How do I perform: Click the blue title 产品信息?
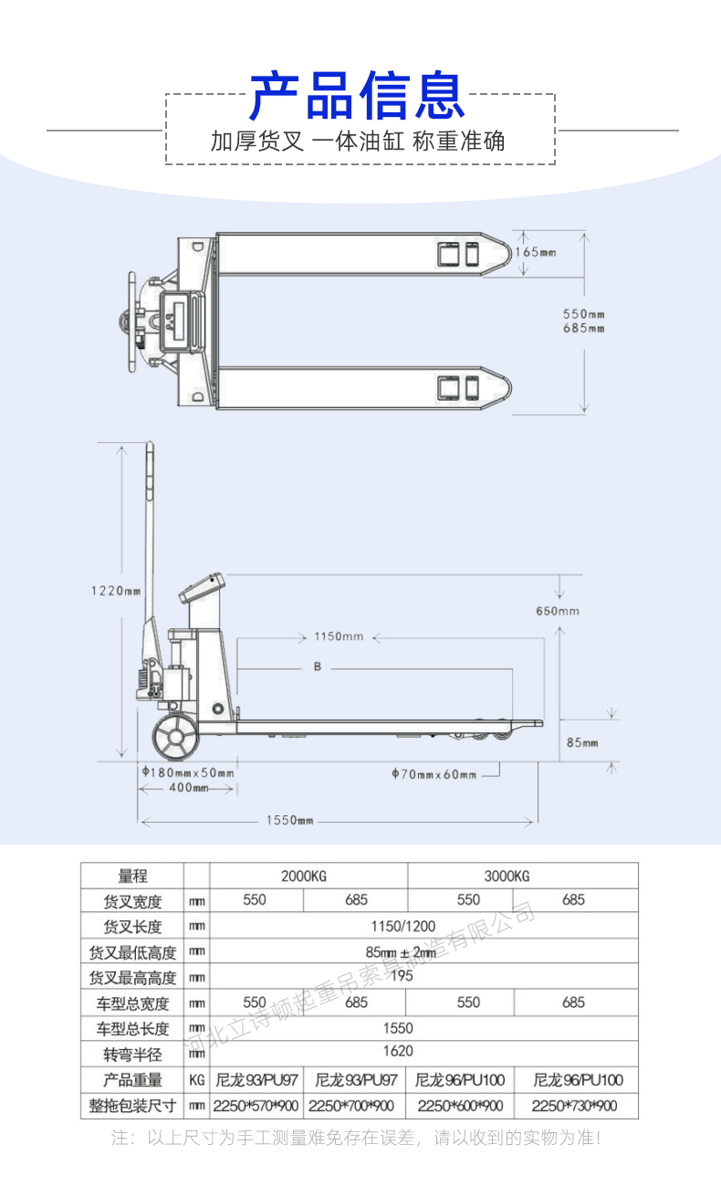coord(357,95)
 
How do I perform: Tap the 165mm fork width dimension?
coord(536,252)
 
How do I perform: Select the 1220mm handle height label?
coord(116,591)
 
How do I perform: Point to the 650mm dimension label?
coord(558,611)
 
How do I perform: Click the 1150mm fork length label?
coord(339,636)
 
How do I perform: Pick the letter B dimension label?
coord(318,667)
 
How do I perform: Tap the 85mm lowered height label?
coord(582,743)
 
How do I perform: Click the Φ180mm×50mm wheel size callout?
coord(188,772)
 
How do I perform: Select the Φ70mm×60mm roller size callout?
coord(434,774)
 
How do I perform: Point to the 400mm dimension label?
coord(189,788)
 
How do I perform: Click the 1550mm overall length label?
coord(290,820)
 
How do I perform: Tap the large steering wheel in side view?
coord(175,736)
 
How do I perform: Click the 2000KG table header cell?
coord(304,876)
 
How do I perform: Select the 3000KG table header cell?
coord(507,876)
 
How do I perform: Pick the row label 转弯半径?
coord(132,1055)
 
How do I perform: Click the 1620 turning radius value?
coord(398,1051)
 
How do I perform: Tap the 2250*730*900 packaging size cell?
coord(574,1106)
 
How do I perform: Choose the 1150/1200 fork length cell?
coord(403,926)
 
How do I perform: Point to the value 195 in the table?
coord(402,975)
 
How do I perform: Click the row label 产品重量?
coord(132,1080)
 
